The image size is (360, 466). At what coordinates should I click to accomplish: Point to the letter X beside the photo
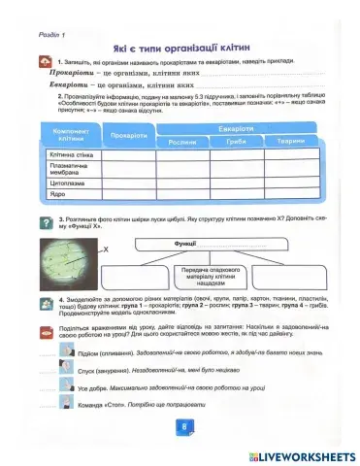[107, 250]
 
